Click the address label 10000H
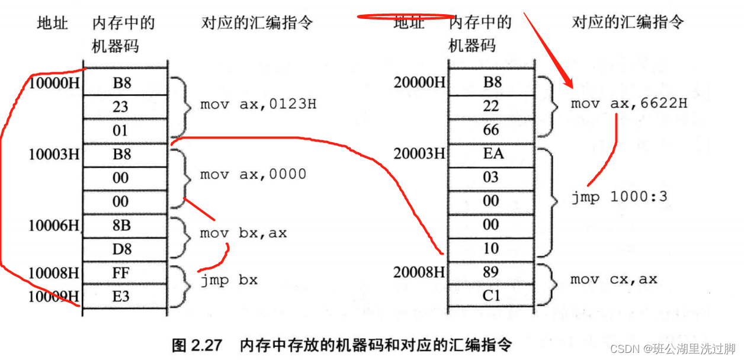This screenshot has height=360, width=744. (54, 83)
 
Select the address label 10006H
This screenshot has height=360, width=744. (54, 226)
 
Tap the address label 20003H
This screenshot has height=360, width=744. (419, 154)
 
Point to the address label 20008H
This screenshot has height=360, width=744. (419, 272)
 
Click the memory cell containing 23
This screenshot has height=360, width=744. (121, 107)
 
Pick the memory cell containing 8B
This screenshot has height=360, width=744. (121, 226)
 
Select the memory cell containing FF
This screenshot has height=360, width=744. (121, 273)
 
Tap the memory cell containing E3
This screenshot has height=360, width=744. (121, 296)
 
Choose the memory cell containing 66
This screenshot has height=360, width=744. (491, 130)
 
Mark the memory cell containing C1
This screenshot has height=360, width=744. (492, 295)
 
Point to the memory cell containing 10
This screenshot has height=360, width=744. (491, 249)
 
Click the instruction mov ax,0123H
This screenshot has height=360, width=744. (258, 105)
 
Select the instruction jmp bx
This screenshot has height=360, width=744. (229, 280)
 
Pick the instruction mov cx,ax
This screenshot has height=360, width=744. (614, 279)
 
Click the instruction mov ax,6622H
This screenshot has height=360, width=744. (629, 104)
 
